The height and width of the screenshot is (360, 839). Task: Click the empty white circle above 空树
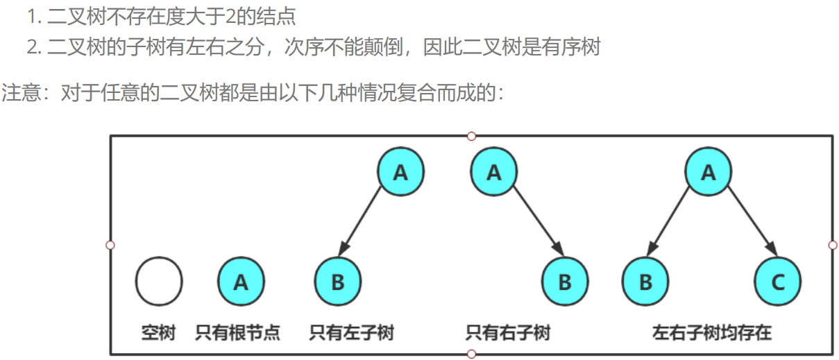click(x=159, y=282)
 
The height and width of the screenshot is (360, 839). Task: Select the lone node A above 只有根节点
click(x=241, y=282)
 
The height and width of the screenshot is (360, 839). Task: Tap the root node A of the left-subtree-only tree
click(x=400, y=171)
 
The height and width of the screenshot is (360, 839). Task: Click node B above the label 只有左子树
click(x=338, y=282)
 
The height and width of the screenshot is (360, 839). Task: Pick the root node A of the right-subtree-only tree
click(x=493, y=171)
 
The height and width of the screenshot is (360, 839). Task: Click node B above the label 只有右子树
click(x=564, y=282)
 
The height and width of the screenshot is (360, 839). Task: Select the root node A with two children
click(x=708, y=171)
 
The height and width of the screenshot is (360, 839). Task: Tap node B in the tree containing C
click(x=645, y=282)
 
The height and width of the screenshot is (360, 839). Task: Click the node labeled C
click(x=777, y=282)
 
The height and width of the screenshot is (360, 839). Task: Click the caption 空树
click(x=158, y=333)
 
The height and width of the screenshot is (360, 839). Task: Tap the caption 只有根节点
click(x=238, y=333)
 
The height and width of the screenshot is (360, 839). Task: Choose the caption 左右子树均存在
click(x=711, y=333)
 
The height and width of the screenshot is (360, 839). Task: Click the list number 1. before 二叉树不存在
click(x=35, y=15)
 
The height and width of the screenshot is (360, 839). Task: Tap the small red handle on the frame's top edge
click(x=472, y=136)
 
